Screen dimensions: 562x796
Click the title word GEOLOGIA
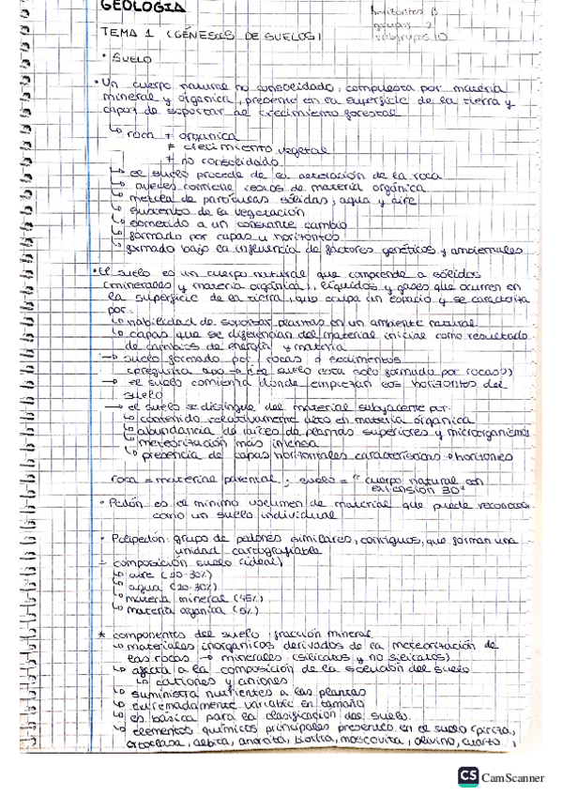click(x=142, y=8)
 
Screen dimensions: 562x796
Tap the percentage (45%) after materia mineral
click(x=247, y=597)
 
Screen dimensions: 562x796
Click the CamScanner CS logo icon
click(x=467, y=776)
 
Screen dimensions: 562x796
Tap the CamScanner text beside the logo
click(x=513, y=777)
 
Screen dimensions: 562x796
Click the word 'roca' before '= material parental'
click(x=124, y=479)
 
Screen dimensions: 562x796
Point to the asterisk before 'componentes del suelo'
click(x=101, y=635)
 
